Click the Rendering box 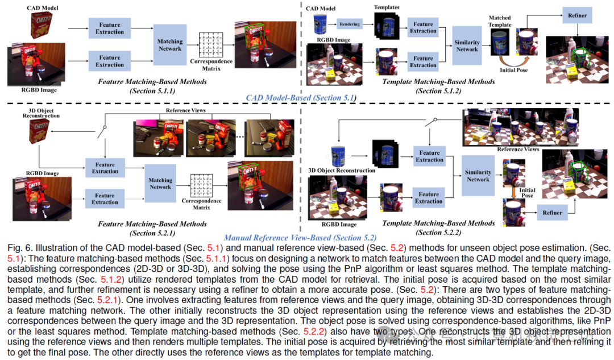click(x=350, y=25)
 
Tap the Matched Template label click(x=500, y=22)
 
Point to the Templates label click(x=386, y=7)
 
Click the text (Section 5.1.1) click(x=152, y=90)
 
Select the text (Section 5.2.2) click(x=438, y=231)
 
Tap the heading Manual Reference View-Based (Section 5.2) click(x=300, y=238)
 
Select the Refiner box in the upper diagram click(x=576, y=16)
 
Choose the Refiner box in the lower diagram click(x=552, y=213)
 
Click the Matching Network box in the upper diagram click(x=170, y=45)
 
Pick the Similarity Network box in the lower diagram click(x=478, y=176)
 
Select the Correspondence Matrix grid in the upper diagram click(x=210, y=44)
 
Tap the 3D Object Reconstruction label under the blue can click(x=341, y=170)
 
